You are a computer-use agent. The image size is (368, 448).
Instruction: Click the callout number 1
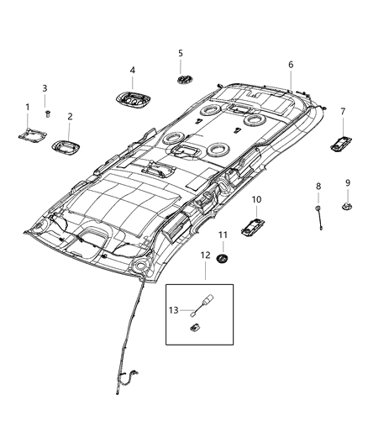(26, 107)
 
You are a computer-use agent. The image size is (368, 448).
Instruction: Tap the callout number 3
(45, 88)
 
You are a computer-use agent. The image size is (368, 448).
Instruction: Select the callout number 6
(291, 65)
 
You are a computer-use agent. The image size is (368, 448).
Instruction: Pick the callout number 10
(256, 199)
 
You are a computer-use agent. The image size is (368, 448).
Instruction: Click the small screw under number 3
(47, 112)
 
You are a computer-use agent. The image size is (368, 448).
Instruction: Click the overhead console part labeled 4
(133, 99)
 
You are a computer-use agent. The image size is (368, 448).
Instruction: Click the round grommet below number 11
(222, 257)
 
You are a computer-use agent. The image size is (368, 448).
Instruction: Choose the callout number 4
(132, 70)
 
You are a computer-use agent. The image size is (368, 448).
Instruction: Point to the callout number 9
(348, 182)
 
